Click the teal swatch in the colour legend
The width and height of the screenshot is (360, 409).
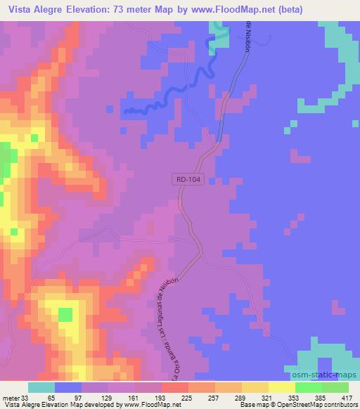41,387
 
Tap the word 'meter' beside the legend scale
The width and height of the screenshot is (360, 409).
11,397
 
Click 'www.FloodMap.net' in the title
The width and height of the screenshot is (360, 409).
248,10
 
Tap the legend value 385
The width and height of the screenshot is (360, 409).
321,397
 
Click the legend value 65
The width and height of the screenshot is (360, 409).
53,397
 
